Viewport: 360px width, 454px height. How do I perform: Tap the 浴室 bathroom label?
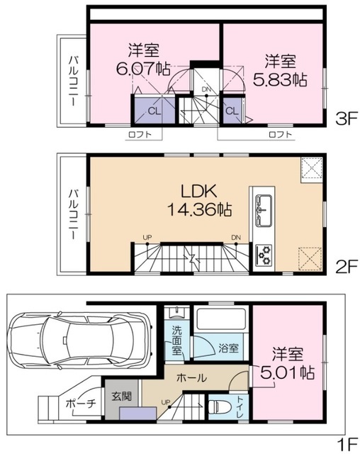(x=227, y=348)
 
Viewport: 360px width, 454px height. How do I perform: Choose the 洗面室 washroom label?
(x=178, y=339)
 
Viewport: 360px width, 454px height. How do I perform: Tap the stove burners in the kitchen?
(x=263, y=253)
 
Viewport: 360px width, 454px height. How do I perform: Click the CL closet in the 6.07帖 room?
(x=154, y=111)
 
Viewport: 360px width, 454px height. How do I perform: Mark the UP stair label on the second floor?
(x=147, y=236)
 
